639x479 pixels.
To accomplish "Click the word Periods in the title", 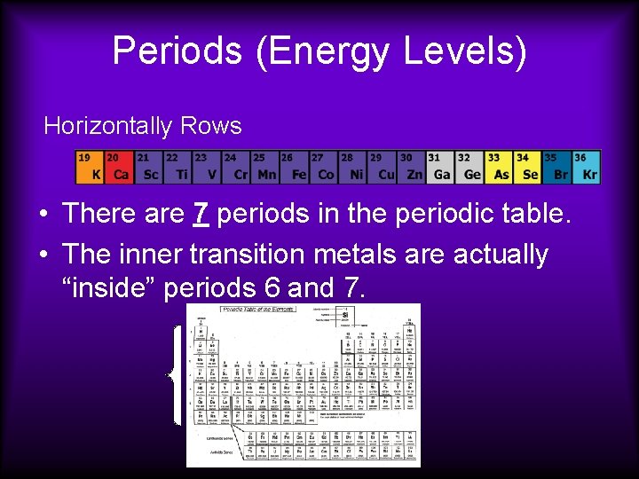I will (177, 51).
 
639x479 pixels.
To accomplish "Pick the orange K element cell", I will (90, 167).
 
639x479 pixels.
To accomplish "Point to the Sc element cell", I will (148, 167).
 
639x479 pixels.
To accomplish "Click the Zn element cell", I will (411, 167).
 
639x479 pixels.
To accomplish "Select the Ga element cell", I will (440, 167).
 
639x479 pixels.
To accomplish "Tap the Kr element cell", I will (586, 167).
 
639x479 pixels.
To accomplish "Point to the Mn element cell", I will (264, 167).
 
